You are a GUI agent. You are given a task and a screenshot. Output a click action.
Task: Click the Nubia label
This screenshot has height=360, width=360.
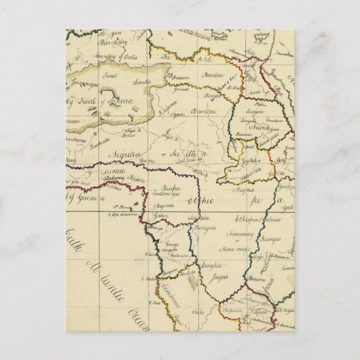(252, 127)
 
